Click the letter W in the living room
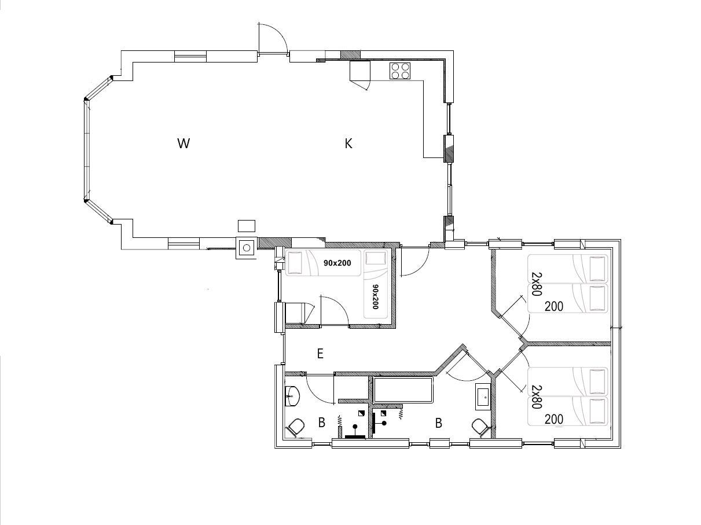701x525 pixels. coord(183,144)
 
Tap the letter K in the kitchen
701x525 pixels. coord(348,144)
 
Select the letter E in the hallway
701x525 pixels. coord(320,354)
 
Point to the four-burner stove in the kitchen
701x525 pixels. coord(400,71)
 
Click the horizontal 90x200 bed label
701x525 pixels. coord(337,263)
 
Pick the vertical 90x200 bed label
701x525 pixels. coord(375,297)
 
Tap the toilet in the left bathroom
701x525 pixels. coord(296,427)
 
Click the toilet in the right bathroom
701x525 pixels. coord(480,427)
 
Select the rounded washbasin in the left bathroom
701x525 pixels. coord(292,396)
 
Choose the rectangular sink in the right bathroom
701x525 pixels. coord(483,396)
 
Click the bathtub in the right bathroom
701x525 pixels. coord(403,390)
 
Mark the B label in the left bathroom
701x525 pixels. coord(322,423)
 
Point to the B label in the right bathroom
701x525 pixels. coord(438,423)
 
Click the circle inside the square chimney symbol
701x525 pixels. coord(247,248)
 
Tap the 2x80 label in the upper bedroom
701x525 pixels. coord(537,284)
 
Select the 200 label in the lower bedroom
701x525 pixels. coord(554,419)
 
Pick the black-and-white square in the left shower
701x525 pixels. coord(361,413)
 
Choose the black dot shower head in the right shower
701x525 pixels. coord(384,423)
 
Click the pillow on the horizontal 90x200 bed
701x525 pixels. coord(295,263)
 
